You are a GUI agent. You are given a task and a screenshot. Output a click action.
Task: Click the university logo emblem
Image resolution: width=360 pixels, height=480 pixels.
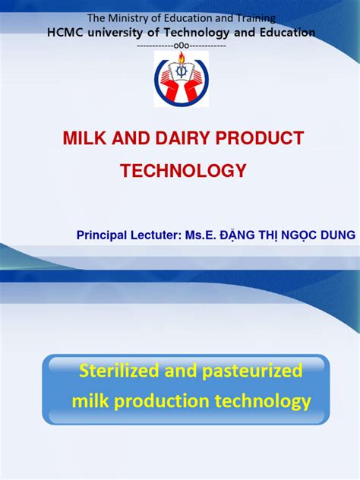[x=181, y=80]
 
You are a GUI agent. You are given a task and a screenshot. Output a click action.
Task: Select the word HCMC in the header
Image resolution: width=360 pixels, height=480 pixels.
[x=65, y=33]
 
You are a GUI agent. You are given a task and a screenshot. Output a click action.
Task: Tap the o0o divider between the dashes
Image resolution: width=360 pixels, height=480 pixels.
[x=181, y=46]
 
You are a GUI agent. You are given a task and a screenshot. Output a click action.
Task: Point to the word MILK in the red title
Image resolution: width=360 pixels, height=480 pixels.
[x=79, y=139]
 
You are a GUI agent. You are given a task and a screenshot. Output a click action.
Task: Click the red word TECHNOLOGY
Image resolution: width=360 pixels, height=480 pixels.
[x=183, y=171]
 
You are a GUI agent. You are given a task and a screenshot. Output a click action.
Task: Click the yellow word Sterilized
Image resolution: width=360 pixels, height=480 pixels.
[x=118, y=371]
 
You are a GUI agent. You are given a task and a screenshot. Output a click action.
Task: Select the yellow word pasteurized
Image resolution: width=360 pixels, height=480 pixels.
[x=250, y=371]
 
